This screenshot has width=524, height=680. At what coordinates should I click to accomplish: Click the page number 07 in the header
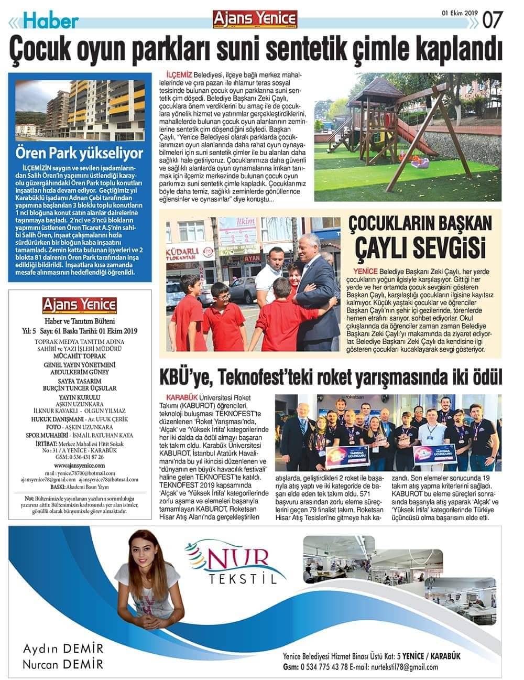click(494, 20)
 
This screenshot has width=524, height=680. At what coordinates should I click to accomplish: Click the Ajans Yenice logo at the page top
click(255, 18)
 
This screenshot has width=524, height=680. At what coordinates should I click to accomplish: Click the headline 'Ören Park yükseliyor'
click(79, 154)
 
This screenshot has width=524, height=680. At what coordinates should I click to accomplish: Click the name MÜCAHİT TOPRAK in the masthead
click(79, 355)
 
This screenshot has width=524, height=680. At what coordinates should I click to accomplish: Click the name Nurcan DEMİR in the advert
click(63, 665)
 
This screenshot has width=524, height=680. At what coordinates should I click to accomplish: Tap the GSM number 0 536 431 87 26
click(79, 457)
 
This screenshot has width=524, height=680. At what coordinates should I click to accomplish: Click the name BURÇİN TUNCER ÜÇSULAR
click(79, 388)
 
